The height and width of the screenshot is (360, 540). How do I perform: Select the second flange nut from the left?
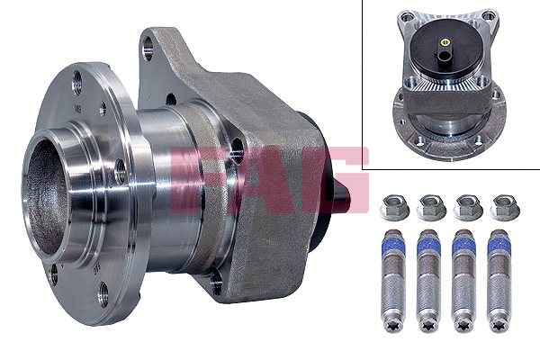[x=428, y=209]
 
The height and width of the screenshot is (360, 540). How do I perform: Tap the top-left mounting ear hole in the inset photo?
[x=401, y=15]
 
